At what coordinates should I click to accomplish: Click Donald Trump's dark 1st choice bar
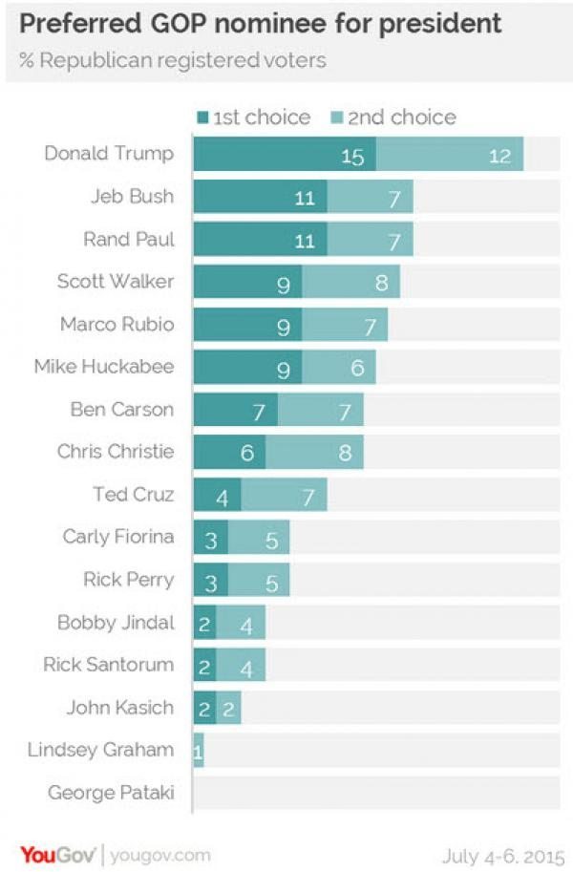click(x=284, y=154)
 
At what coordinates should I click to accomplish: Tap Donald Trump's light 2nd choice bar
click(x=449, y=154)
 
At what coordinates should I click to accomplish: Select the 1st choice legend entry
click(x=253, y=117)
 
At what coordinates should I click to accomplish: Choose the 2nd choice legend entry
click(x=392, y=117)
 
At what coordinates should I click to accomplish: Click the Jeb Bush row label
click(x=132, y=197)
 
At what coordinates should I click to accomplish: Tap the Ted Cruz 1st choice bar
click(x=217, y=495)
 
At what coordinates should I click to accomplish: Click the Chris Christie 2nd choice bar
click(x=314, y=453)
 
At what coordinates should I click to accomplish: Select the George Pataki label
click(x=111, y=792)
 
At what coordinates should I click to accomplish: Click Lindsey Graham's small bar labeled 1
click(x=198, y=751)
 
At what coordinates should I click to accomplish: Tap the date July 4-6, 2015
click(x=502, y=854)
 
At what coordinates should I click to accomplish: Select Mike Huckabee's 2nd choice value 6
click(x=356, y=368)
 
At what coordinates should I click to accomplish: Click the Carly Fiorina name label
click(x=118, y=537)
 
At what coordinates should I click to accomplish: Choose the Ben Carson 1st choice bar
click(x=235, y=411)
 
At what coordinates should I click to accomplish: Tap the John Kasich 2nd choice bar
click(x=228, y=708)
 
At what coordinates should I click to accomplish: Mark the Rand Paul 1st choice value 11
click(x=304, y=240)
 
